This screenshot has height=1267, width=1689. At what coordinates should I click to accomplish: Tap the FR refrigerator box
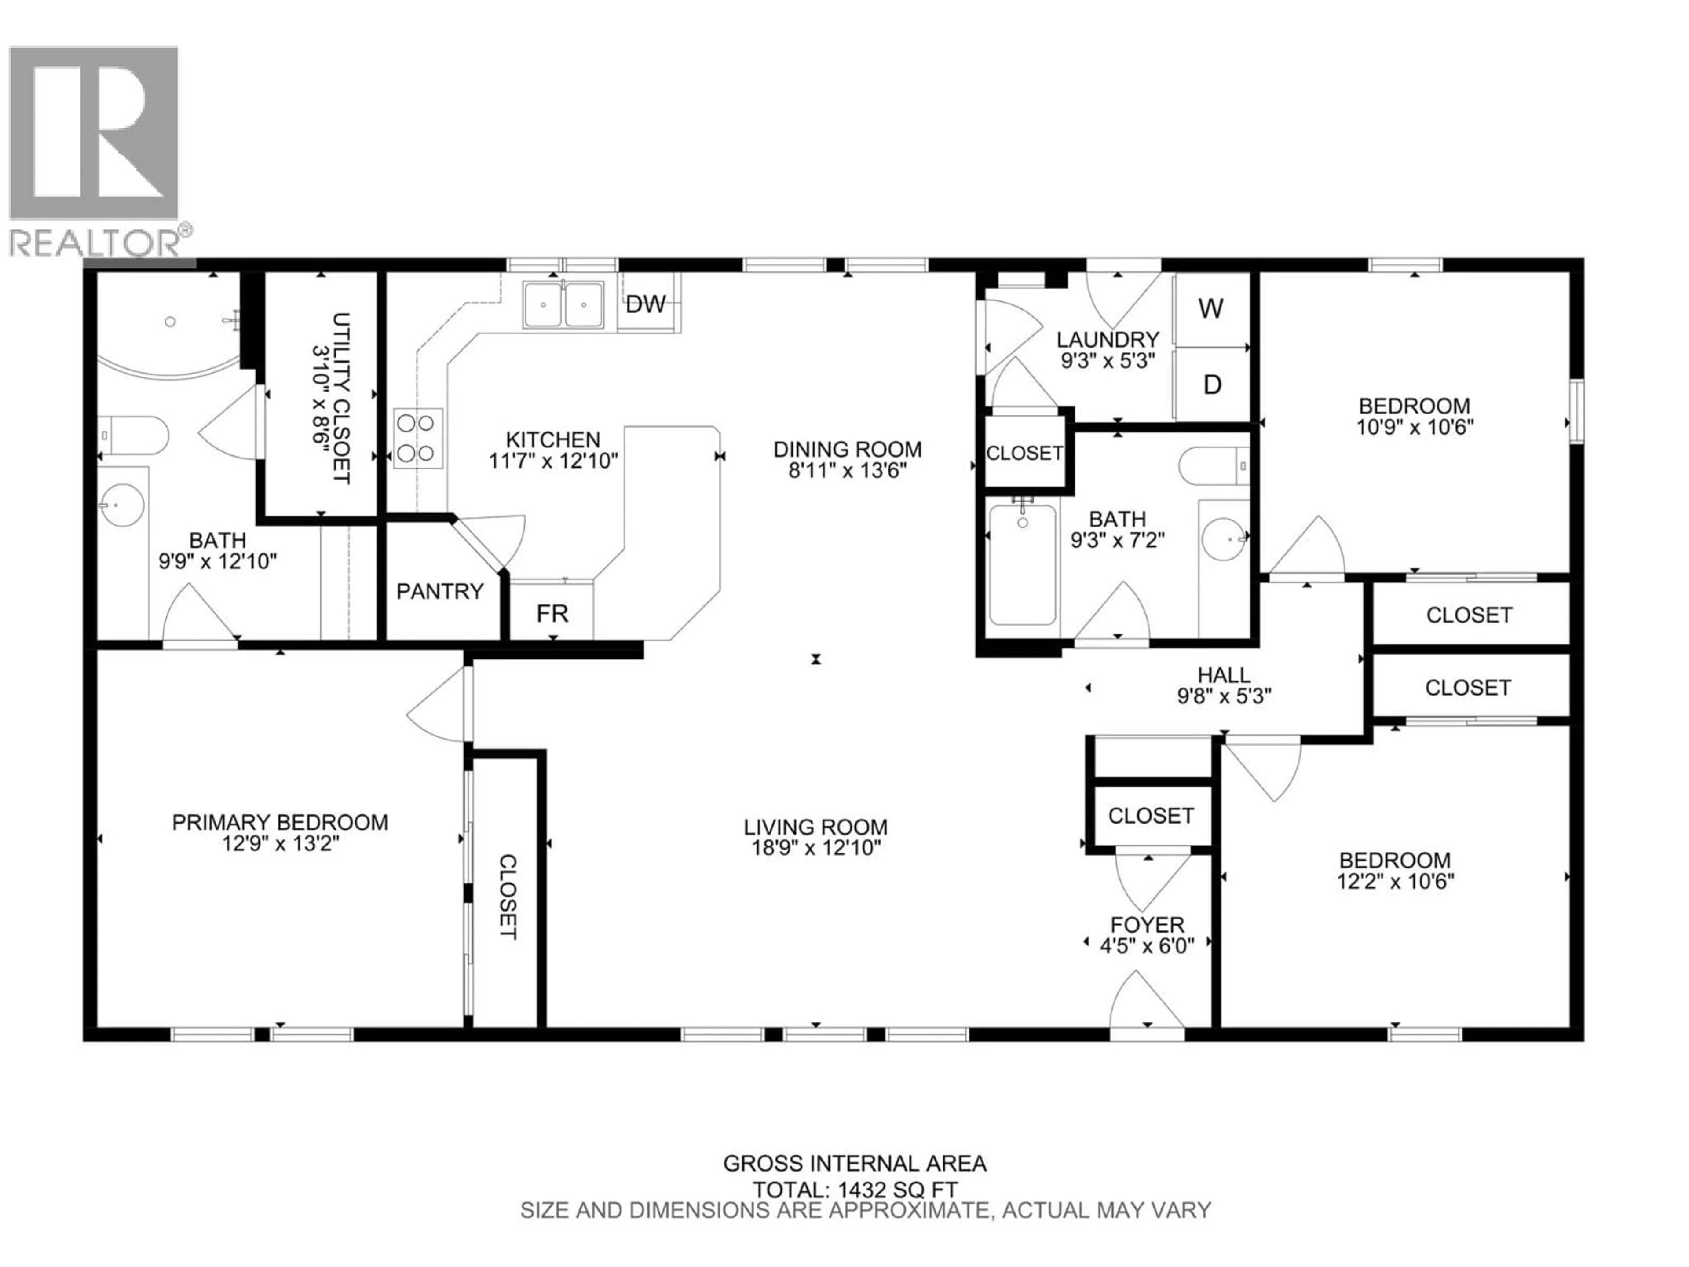tap(552, 613)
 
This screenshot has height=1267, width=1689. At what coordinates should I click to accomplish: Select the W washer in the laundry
tap(1211, 308)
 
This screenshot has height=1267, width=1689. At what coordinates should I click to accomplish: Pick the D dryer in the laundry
tap(1212, 384)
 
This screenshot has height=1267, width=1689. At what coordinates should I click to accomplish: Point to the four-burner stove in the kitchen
tap(418, 438)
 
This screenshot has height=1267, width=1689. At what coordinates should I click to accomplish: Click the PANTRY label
tap(440, 591)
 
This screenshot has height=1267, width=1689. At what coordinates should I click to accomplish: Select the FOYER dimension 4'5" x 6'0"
tap(1146, 946)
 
